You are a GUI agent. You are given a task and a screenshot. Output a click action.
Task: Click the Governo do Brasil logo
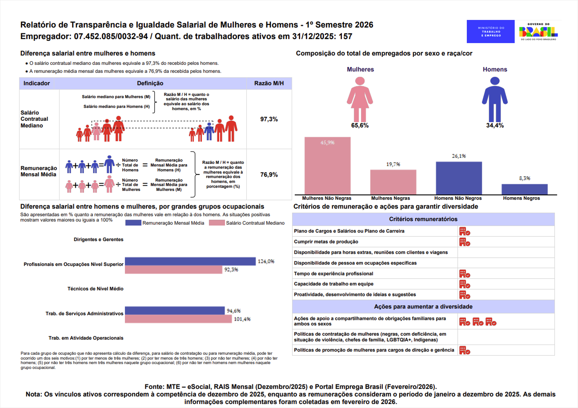click(x=538, y=32)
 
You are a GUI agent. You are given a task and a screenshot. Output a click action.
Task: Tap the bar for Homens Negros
click(x=525, y=189)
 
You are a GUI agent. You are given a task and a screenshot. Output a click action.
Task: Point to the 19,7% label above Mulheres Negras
click(x=393, y=164)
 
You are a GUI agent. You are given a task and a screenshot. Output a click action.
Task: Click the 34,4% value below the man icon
click(x=495, y=126)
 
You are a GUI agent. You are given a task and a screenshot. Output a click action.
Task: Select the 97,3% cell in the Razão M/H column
click(x=269, y=119)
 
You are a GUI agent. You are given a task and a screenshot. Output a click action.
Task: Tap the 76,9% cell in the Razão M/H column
click(x=269, y=175)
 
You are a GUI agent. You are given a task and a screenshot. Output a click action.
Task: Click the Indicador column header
click(x=36, y=83)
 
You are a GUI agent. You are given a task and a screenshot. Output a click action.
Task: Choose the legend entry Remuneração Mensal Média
click(x=165, y=223)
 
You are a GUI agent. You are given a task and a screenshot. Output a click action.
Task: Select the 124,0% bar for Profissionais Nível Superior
click(x=190, y=261)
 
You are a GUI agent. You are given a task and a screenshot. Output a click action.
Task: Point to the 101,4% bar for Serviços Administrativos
click(x=178, y=319)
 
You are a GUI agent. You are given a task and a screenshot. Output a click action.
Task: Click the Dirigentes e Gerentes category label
click(x=99, y=240)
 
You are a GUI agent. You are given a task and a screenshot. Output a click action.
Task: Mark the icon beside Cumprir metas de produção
click(x=465, y=242)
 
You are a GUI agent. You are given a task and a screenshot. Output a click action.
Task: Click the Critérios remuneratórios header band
click(x=423, y=219)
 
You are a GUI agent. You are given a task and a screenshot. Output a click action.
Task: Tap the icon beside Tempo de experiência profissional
click(x=465, y=274)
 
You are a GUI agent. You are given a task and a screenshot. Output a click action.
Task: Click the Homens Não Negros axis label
click(x=458, y=198)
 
